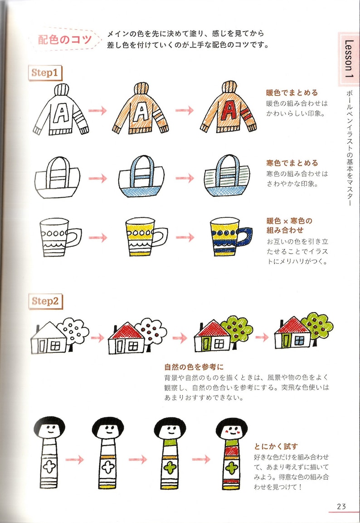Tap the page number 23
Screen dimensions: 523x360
point(341,506)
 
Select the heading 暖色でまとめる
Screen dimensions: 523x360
point(292,93)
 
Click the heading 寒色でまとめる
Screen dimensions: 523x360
point(292,163)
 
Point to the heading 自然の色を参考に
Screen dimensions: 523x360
point(194,367)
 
